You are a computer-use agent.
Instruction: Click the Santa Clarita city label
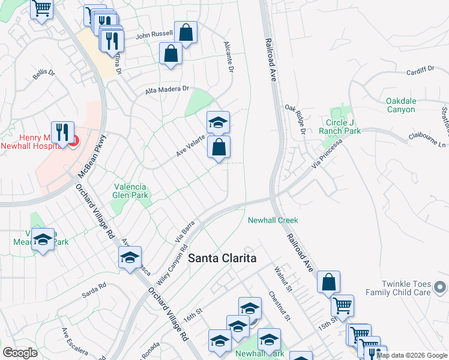[x=222, y=258]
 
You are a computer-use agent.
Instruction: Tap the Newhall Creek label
[x=273, y=220]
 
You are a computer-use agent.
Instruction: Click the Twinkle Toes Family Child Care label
[x=414, y=288]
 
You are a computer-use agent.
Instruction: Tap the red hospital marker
[x=74, y=142]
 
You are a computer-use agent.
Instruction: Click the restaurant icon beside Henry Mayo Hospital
[x=62, y=133]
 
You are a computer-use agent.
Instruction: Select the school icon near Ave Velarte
[x=218, y=122]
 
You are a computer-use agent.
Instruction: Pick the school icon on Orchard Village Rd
[x=130, y=257]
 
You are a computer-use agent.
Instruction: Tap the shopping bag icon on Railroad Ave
[x=328, y=282]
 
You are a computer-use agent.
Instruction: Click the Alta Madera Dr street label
[x=167, y=91]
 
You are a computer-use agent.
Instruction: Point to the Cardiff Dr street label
[x=420, y=70]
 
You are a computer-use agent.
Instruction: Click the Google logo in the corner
[x=20, y=353]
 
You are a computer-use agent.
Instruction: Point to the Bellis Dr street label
[x=43, y=75]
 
